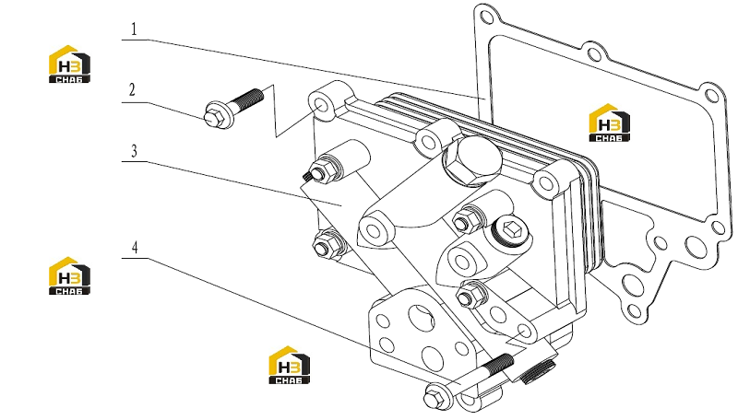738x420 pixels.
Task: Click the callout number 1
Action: (x=134, y=29)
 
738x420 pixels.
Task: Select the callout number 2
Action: (x=132, y=89)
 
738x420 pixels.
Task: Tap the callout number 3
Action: (x=134, y=151)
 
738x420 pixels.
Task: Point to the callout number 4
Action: (x=135, y=248)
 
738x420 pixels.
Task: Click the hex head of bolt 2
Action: (x=214, y=115)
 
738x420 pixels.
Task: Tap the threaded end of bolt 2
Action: (x=249, y=99)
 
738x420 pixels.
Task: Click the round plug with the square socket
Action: (x=510, y=231)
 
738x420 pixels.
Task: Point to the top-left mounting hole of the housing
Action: (x=321, y=104)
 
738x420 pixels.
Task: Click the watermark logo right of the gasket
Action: (x=609, y=122)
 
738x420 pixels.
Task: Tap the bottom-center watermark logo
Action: (x=289, y=365)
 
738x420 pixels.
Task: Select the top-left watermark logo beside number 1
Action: (x=69, y=64)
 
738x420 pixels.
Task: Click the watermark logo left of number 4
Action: (x=69, y=275)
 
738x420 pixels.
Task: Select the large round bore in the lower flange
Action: (x=422, y=318)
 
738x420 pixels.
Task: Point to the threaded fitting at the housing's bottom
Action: (x=537, y=370)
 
